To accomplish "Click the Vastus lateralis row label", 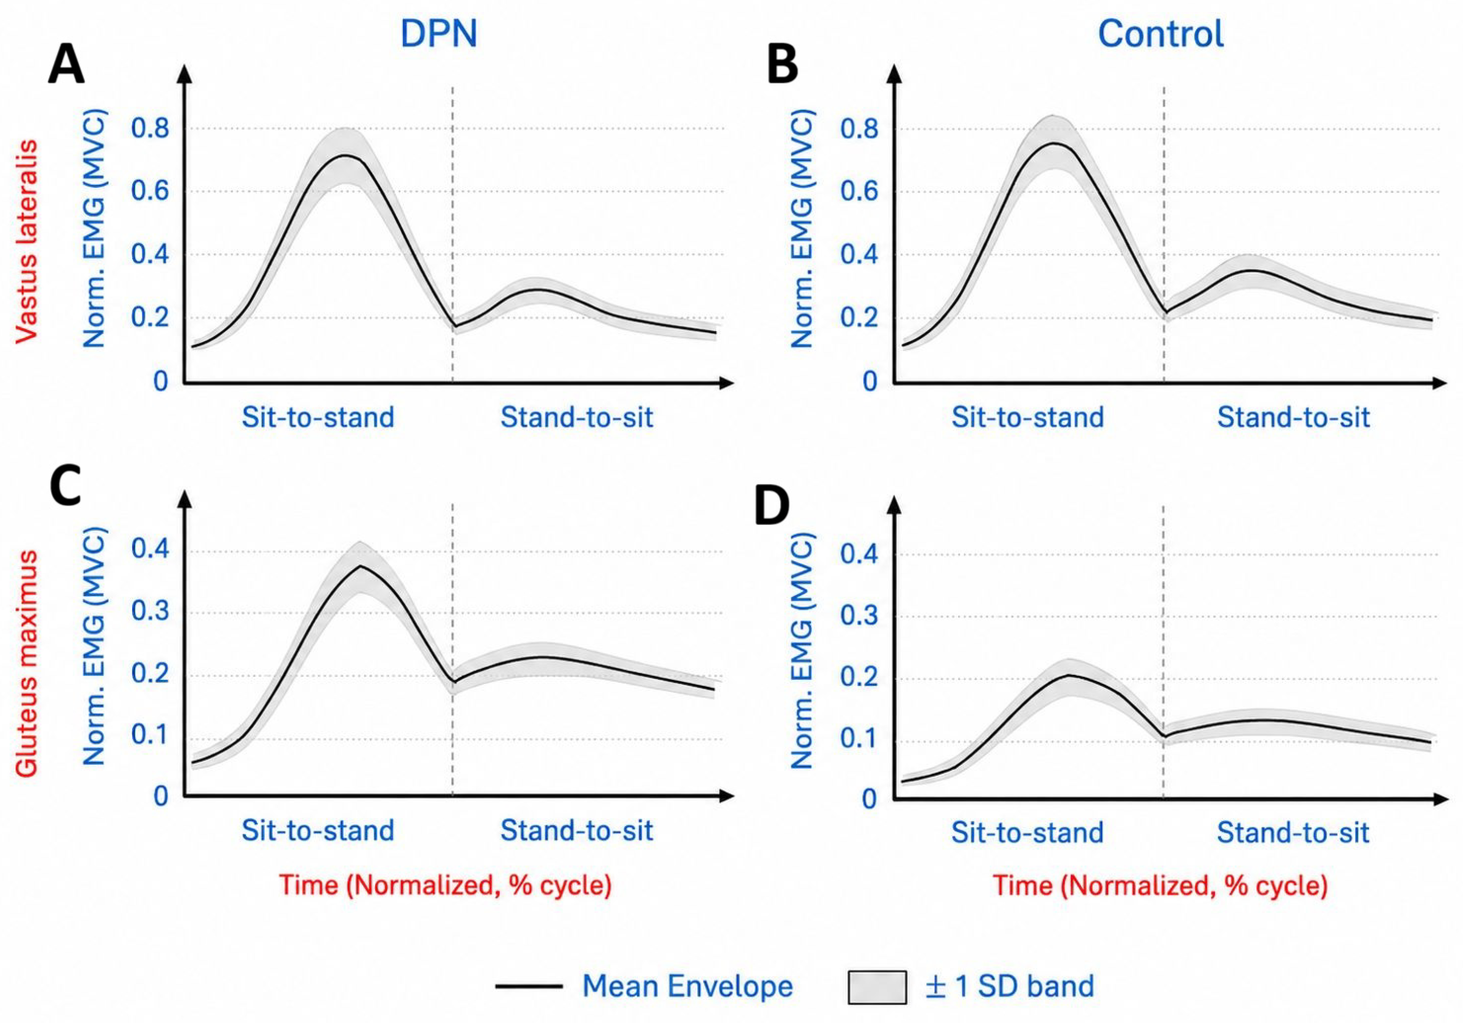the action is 26,242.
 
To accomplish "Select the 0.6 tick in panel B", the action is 859,192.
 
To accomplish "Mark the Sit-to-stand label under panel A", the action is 318,418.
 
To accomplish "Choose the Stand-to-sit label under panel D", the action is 1294,833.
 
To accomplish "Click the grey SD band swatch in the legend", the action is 877,987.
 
